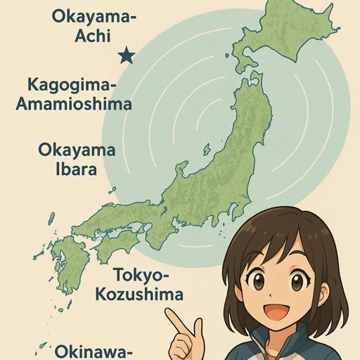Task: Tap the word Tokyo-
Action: [x=147, y=275]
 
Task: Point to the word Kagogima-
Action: [x=70, y=85]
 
